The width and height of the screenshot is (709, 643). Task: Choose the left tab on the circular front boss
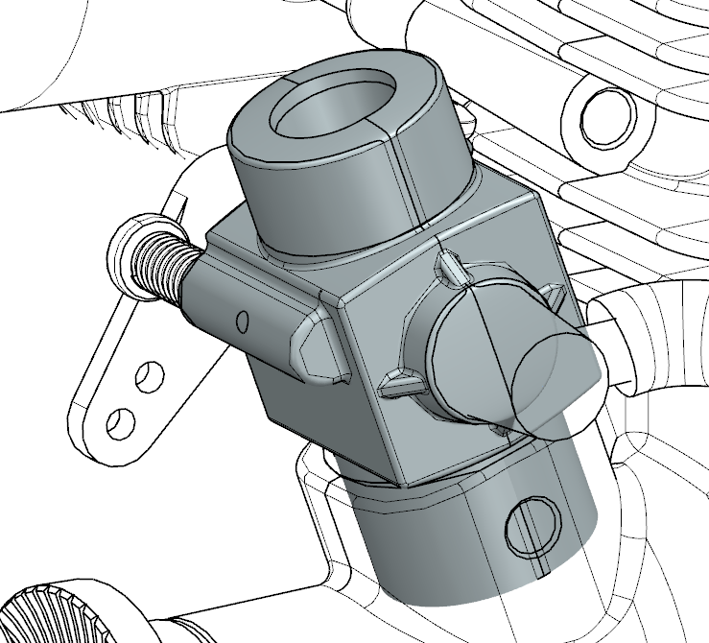pos(398,387)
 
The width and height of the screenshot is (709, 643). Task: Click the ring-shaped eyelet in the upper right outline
pos(602,113)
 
